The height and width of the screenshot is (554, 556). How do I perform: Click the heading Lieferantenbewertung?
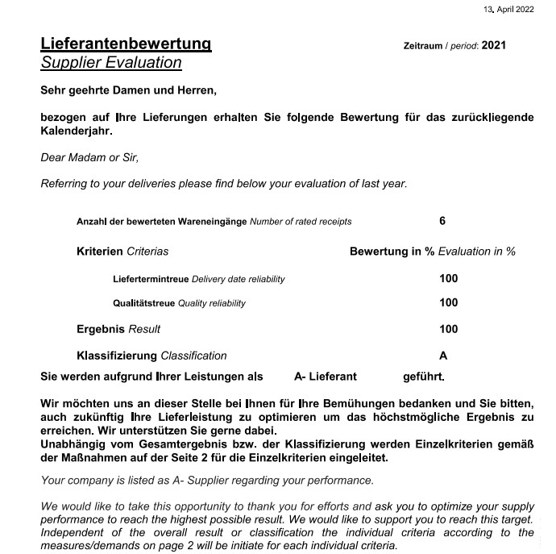[x=126, y=44]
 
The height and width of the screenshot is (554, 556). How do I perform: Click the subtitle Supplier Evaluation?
[x=111, y=63]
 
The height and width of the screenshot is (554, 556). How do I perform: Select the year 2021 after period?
[x=493, y=45]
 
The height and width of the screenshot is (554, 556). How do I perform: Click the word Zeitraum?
[x=422, y=46]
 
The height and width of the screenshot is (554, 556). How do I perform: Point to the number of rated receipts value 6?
[x=442, y=221]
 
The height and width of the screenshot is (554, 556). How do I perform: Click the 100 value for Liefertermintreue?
[x=448, y=278]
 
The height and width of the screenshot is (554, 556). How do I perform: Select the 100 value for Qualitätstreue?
[x=448, y=302]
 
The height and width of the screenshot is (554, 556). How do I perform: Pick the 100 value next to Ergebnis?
[x=448, y=329]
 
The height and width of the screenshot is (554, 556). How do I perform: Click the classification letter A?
[x=443, y=356]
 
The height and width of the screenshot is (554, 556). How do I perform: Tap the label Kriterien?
[x=99, y=252]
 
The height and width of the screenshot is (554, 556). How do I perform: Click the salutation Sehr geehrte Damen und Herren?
[x=128, y=90]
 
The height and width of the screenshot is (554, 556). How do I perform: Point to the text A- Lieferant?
[x=326, y=377]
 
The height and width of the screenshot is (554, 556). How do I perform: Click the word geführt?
[x=423, y=377]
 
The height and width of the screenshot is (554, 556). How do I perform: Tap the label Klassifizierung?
[x=117, y=356]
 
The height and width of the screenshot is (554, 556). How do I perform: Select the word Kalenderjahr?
[x=77, y=131]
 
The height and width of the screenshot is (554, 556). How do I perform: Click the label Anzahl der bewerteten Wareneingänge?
[x=161, y=222]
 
